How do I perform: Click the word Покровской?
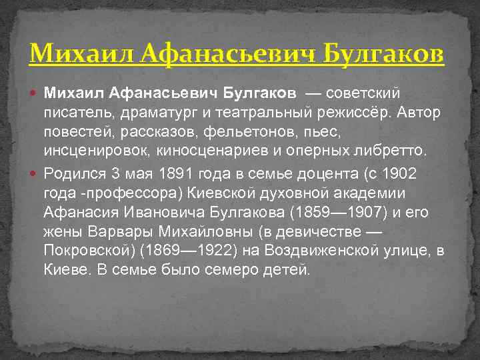86,251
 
